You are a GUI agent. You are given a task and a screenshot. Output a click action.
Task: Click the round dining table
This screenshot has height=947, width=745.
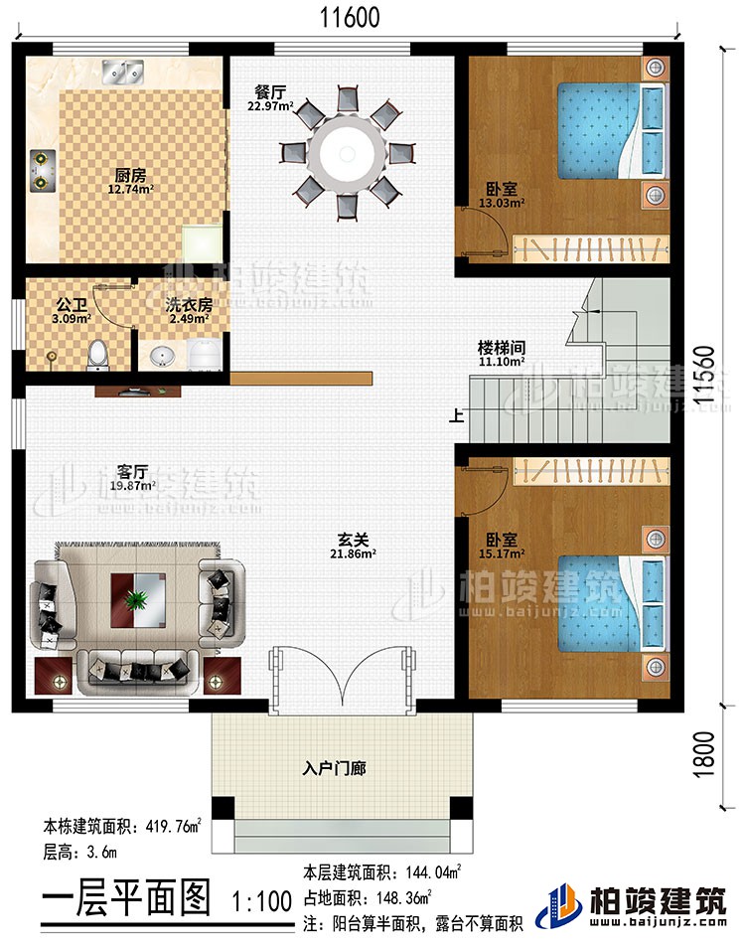tap(345, 152)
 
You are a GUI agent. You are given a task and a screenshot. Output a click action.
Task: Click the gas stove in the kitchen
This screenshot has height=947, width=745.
tap(43, 169)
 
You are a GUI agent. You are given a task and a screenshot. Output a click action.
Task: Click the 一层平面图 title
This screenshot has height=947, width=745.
tap(126, 901)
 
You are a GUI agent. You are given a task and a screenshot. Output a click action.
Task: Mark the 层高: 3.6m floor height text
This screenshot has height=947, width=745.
tap(81, 854)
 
